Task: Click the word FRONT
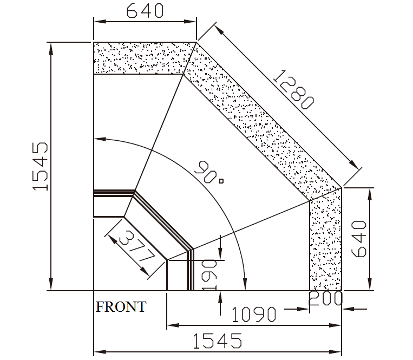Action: coord(121,307)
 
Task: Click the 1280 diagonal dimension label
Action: coord(293,89)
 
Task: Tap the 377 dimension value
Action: coord(137,246)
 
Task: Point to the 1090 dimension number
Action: coord(254,314)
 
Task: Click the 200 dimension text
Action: coord(325,299)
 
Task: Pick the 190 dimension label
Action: coord(209,275)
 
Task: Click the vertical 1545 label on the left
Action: coord(40,166)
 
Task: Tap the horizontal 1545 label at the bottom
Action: coord(217,341)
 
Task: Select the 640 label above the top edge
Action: coord(145,11)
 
